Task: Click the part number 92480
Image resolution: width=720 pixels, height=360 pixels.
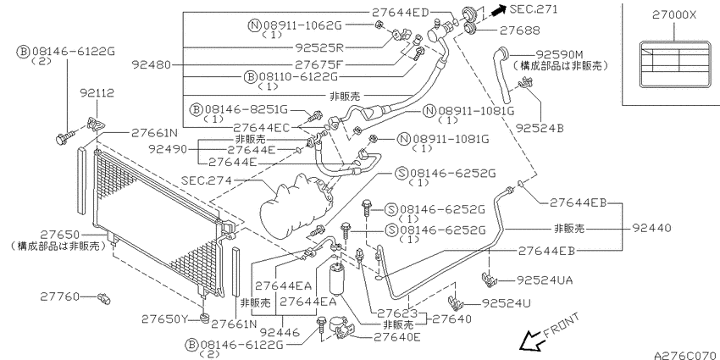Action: (x=151, y=64)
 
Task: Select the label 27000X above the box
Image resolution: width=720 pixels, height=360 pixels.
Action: (x=674, y=15)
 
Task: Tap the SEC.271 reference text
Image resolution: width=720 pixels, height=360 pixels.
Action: (x=534, y=9)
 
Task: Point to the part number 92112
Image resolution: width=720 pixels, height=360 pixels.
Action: (x=97, y=94)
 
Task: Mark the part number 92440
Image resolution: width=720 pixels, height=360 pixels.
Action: (x=651, y=227)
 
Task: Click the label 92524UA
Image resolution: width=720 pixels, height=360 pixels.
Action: (x=545, y=280)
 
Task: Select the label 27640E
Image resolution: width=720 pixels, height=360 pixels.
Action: (x=397, y=338)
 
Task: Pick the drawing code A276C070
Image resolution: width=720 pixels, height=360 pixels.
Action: (x=686, y=355)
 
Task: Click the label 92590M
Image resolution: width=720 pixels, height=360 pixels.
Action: (x=557, y=55)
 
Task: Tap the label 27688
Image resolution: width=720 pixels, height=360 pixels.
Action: (x=520, y=30)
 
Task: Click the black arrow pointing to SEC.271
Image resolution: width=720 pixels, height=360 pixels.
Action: (x=496, y=10)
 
